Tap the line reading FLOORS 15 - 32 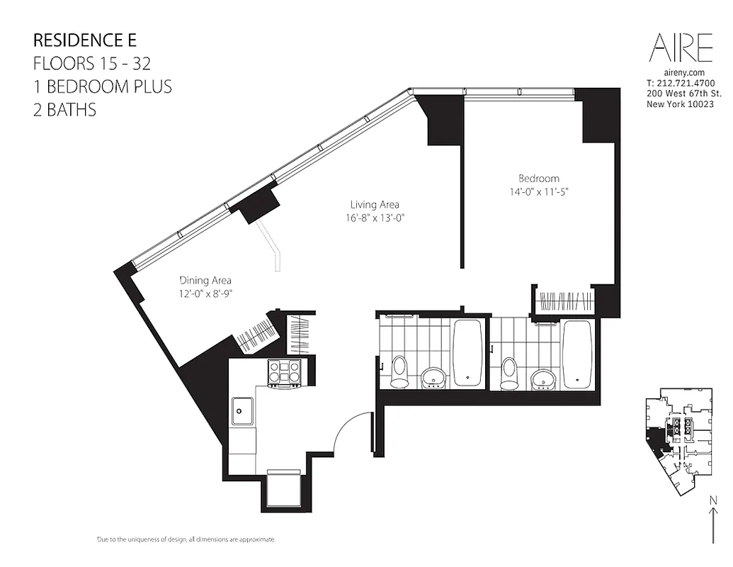pos(92,63)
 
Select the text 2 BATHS pos(64,110)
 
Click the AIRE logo pos(681,47)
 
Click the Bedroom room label pos(538,179)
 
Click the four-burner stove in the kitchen pos(284,372)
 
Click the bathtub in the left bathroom pos(467,352)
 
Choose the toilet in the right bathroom pos(508,373)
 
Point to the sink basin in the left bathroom pos(433,377)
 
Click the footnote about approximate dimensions pos(186,540)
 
